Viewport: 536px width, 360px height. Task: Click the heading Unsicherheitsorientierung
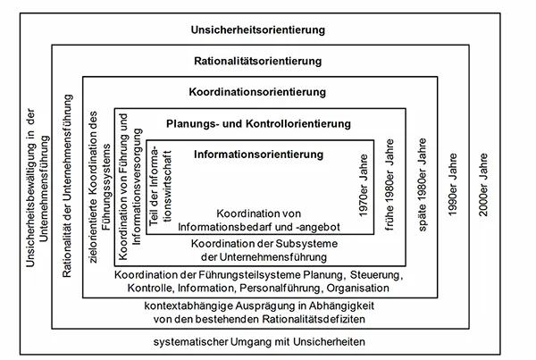(x=256, y=31)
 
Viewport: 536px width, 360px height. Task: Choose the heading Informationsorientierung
(x=257, y=155)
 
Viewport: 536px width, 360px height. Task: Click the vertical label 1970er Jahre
(x=362, y=188)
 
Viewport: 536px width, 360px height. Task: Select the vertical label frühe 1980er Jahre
(x=389, y=188)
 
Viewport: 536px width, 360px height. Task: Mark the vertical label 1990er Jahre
(x=454, y=188)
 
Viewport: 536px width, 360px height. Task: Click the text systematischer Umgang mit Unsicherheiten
(x=258, y=343)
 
